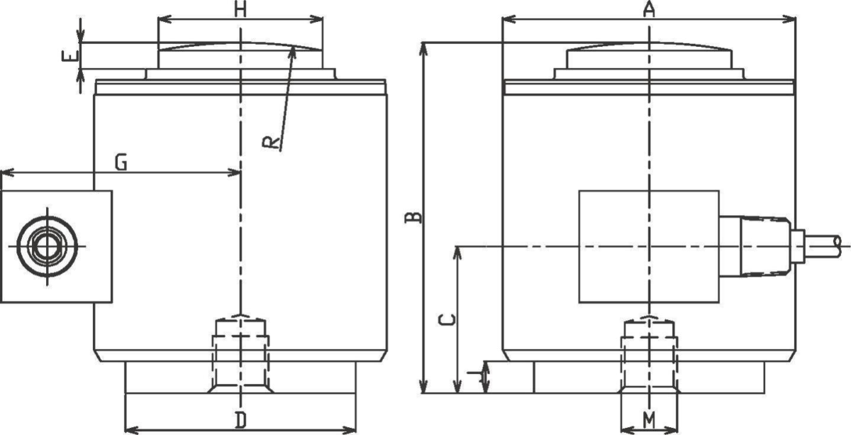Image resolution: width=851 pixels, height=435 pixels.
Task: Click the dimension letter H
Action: tap(241, 9)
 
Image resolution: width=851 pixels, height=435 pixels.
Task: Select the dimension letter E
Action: tap(69, 57)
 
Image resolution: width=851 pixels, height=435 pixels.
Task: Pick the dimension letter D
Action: tap(241, 420)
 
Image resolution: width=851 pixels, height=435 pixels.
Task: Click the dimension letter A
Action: tap(648, 9)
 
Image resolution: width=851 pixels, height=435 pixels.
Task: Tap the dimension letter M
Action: tap(649, 419)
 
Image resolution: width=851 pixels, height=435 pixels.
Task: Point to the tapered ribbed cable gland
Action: tap(764, 246)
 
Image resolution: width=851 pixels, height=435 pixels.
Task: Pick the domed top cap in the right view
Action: tap(648, 57)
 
